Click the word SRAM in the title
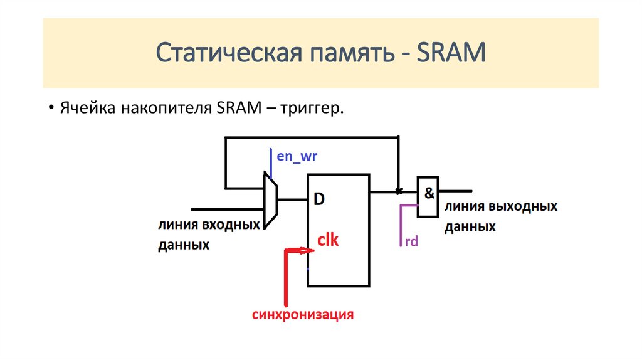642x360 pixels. coord(451,53)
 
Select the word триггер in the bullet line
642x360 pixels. coord(312,109)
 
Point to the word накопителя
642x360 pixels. coord(166,108)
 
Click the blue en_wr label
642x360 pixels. coord(297,156)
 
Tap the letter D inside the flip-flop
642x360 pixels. coord(319,199)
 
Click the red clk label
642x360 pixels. coord(329,240)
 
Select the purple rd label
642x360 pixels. coord(411,241)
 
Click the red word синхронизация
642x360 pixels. coord(303,315)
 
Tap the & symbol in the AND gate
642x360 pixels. coord(429,193)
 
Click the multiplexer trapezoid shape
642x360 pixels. coord(270,201)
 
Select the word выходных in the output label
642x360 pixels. coord(524,206)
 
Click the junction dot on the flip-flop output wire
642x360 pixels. coord(398,191)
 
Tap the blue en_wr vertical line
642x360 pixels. coord(271,164)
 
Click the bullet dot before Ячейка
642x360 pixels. coord(51,108)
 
